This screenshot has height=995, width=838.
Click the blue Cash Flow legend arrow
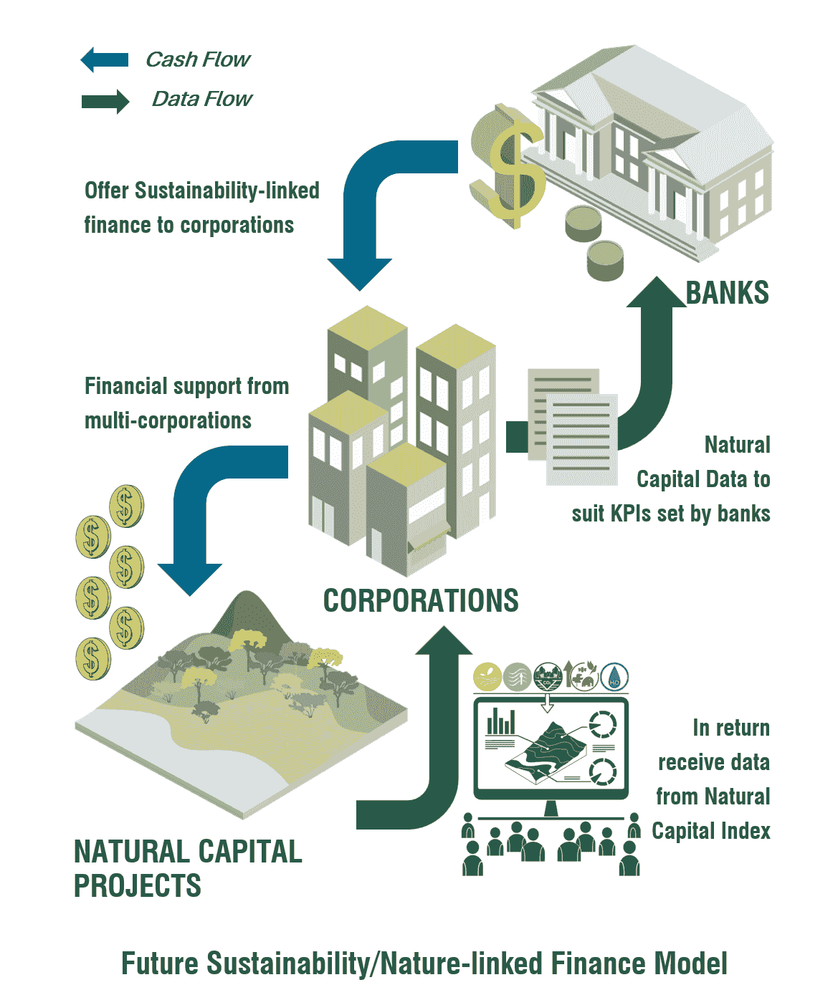[x=105, y=59]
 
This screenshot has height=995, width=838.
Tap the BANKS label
[x=727, y=292]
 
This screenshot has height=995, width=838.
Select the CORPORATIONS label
[x=421, y=600]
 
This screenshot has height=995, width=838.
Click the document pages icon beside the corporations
[x=572, y=426]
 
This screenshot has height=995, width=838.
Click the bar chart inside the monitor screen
[x=500, y=721]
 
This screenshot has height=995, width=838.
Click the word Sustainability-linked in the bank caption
[x=227, y=191]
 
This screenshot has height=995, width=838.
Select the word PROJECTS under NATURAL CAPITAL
[x=138, y=885]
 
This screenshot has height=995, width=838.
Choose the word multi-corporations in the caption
[x=168, y=420]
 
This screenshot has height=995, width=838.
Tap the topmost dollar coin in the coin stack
[x=126, y=506]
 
